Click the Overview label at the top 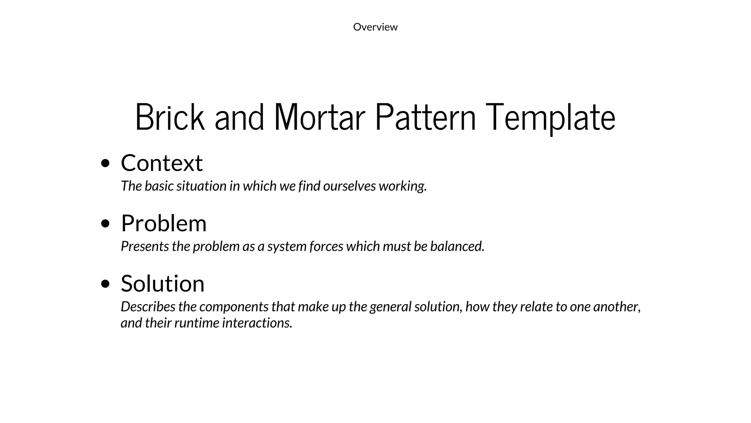click(x=375, y=27)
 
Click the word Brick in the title click(x=170, y=117)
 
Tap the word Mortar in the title click(x=319, y=117)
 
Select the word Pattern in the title click(x=425, y=117)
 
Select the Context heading click(x=162, y=163)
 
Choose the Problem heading click(x=164, y=223)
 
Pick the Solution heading click(x=162, y=283)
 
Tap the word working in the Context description click(x=403, y=186)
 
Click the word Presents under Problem click(x=145, y=246)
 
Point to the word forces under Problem click(x=326, y=246)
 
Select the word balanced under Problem click(x=457, y=246)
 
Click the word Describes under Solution click(x=149, y=307)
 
